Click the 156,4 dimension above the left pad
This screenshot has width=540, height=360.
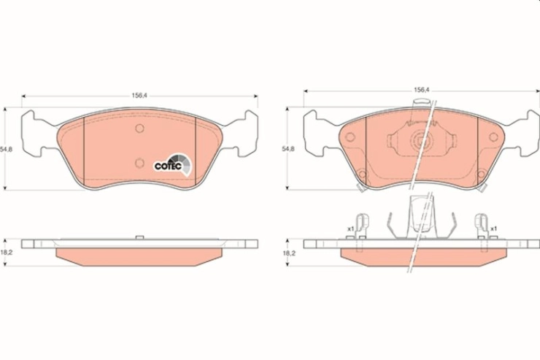click(139, 96)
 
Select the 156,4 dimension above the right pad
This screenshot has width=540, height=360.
click(422, 90)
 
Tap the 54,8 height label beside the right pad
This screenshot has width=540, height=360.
click(288, 149)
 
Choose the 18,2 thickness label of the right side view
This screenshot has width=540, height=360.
click(289, 253)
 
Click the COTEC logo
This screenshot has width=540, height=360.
click(172, 165)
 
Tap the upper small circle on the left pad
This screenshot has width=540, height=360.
click(139, 129)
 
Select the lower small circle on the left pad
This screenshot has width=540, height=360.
click(139, 163)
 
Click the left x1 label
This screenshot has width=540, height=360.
click(350, 229)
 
